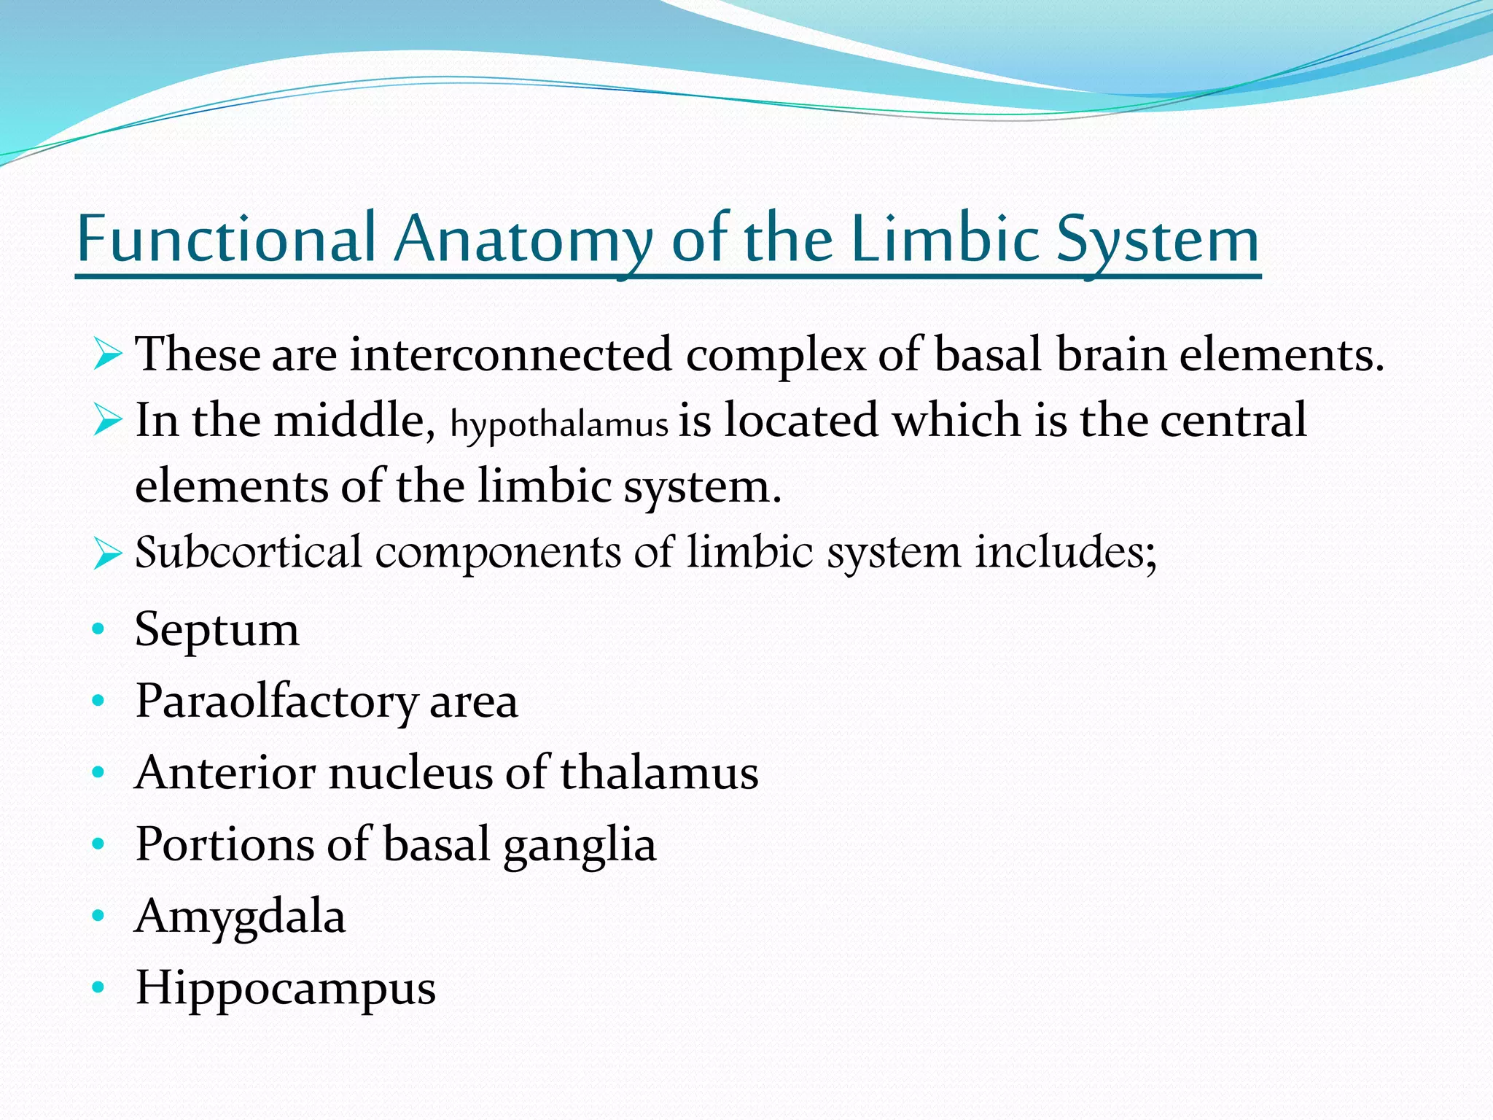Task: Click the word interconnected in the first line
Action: (x=510, y=355)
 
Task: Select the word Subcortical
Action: (x=248, y=552)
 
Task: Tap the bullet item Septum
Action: (x=217, y=629)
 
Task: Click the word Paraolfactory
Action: (x=276, y=701)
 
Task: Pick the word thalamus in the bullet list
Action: (x=659, y=772)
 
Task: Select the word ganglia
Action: (x=580, y=844)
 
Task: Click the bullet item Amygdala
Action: (x=240, y=917)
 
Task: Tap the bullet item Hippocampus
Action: (x=285, y=989)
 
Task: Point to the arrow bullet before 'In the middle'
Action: (x=107, y=421)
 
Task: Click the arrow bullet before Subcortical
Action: (x=107, y=554)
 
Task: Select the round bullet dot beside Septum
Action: (x=98, y=629)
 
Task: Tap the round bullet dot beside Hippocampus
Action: (x=98, y=988)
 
